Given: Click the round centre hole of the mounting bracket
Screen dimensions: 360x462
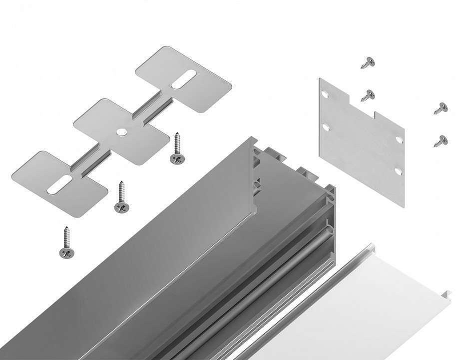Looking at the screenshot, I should click(120, 131).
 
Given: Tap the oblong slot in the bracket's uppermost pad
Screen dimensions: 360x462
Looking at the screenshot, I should click(184, 80).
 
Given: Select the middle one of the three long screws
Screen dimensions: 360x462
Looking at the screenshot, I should click(120, 197).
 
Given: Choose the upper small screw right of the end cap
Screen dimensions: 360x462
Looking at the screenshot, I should click(440, 107).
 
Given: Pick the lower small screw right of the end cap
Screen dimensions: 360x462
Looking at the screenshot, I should click(440, 140).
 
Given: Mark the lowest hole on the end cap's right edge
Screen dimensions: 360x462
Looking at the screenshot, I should click(398, 171).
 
